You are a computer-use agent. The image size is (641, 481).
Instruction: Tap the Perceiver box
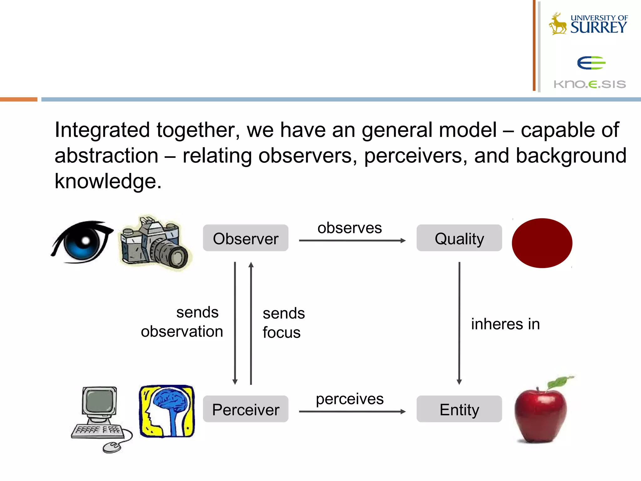point(245,409)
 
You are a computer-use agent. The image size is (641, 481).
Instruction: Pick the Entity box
point(459,409)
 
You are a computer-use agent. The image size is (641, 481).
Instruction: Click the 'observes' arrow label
point(350,228)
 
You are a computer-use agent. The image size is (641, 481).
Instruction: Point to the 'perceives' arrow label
point(350,399)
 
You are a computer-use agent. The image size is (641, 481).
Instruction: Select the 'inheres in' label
point(505,324)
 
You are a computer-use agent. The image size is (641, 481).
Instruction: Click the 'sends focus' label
point(283,323)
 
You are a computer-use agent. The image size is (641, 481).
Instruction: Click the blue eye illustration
point(82,242)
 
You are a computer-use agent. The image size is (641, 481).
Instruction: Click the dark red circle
point(542,243)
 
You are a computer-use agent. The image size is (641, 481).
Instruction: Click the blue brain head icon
point(167,411)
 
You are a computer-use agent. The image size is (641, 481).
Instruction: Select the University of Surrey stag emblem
point(558,24)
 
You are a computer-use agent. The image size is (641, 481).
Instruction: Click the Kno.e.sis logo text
point(590,84)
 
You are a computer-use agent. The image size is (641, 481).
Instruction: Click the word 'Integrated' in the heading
point(102,130)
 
